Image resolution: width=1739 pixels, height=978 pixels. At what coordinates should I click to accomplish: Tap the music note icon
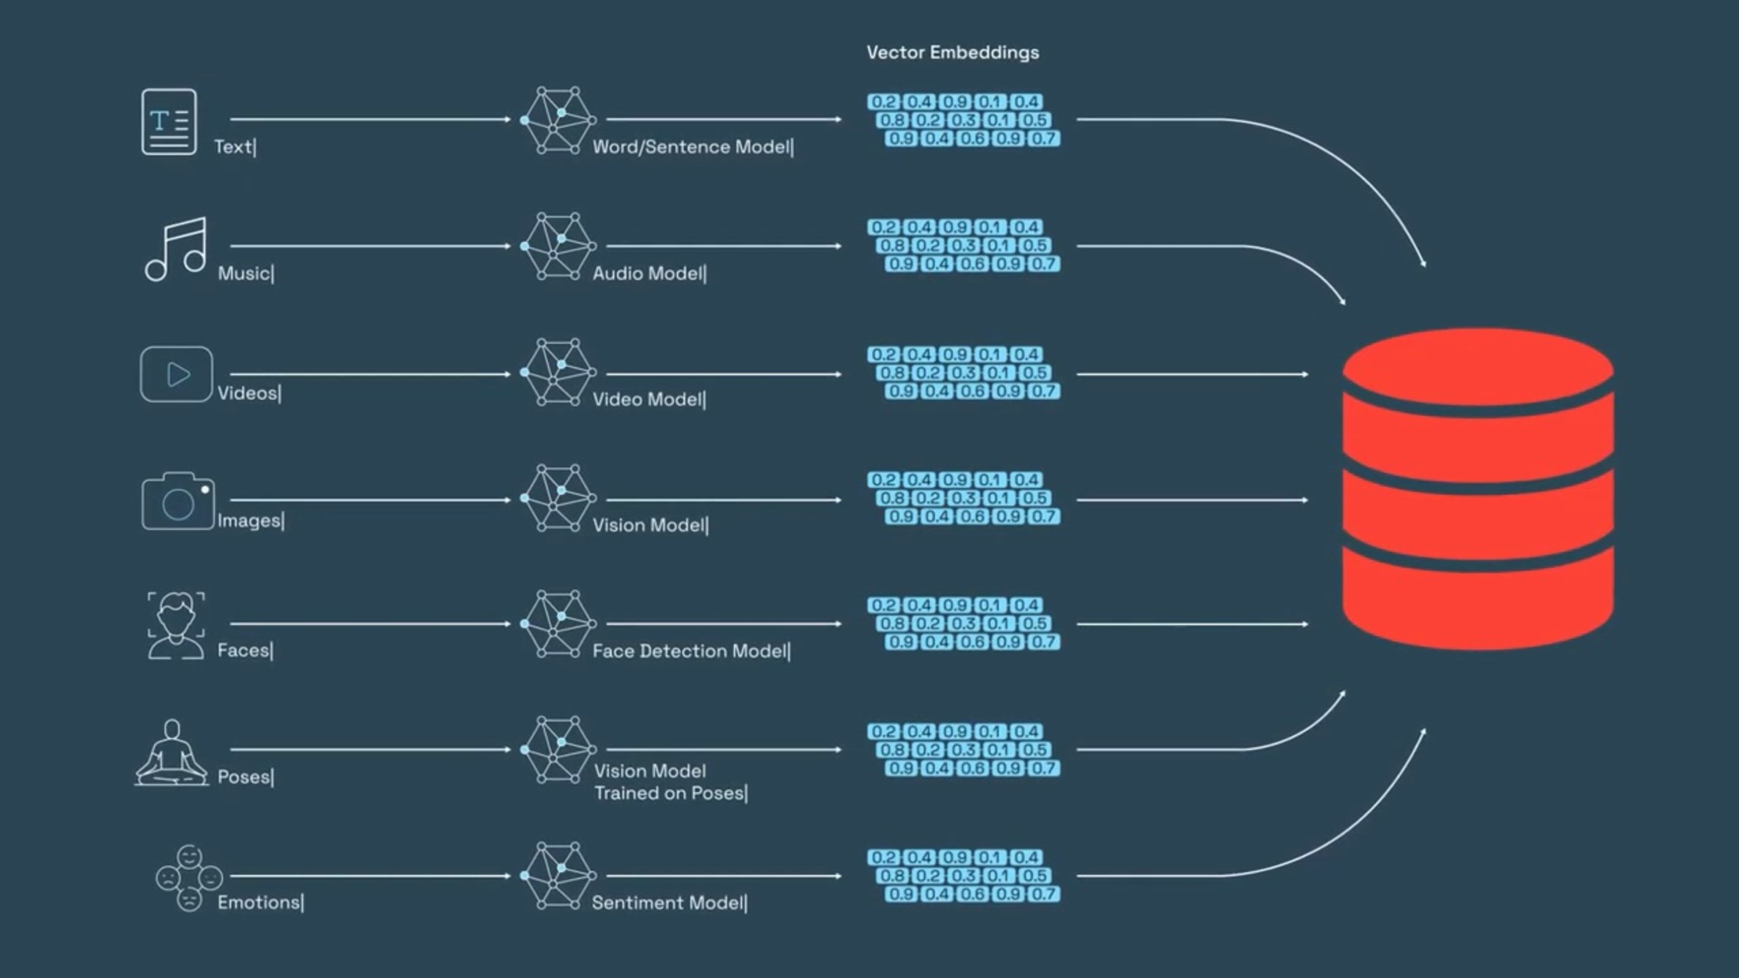tap(176, 249)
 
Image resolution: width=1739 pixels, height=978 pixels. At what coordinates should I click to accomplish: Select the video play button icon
tap(176, 374)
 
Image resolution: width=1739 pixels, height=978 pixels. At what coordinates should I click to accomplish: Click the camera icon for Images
tap(178, 501)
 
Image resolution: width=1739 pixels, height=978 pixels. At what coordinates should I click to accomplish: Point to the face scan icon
tap(176, 625)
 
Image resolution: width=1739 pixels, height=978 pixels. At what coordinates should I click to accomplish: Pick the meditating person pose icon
tap(172, 752)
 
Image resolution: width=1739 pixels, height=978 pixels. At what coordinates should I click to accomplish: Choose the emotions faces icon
tap(189, 877)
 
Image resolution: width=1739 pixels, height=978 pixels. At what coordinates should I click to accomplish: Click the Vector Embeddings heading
tap(952, 53)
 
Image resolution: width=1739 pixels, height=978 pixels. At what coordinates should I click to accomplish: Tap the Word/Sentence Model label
tap(692, 147)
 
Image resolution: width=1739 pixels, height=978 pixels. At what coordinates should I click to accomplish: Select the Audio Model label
tap(648, 273)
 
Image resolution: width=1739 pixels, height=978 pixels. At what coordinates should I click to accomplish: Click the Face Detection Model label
tap(690, 652)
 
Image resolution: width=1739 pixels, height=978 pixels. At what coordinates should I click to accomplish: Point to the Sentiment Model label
tap(668, 903)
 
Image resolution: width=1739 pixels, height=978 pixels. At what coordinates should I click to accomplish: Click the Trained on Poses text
tap(670, 793)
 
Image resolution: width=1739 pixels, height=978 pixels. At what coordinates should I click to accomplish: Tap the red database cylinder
tap(1478, 489)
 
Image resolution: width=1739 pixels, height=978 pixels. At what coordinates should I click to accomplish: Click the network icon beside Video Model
tap(557, 373)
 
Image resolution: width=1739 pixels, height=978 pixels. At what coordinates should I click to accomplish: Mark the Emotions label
tap(259, 903)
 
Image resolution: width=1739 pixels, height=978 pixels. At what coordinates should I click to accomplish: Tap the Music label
tap(245, 273)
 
